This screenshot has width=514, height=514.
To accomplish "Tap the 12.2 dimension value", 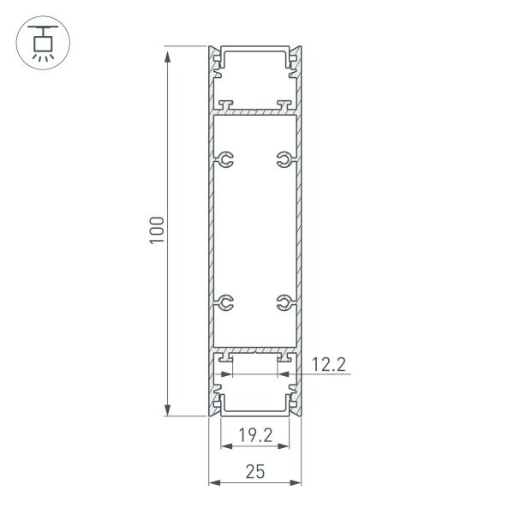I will tap(328, 366).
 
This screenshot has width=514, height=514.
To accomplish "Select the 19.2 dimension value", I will tap(254, 435).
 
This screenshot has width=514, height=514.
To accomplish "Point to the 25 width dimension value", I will tap(254, 470).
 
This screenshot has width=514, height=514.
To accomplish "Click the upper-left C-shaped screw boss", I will tap(224, 158).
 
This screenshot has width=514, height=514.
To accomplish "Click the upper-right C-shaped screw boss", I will tap(284, 158).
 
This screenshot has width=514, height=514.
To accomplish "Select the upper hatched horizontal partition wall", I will tap(254, 111).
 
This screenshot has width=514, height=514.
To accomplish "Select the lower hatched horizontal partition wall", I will tap(254, 350).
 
